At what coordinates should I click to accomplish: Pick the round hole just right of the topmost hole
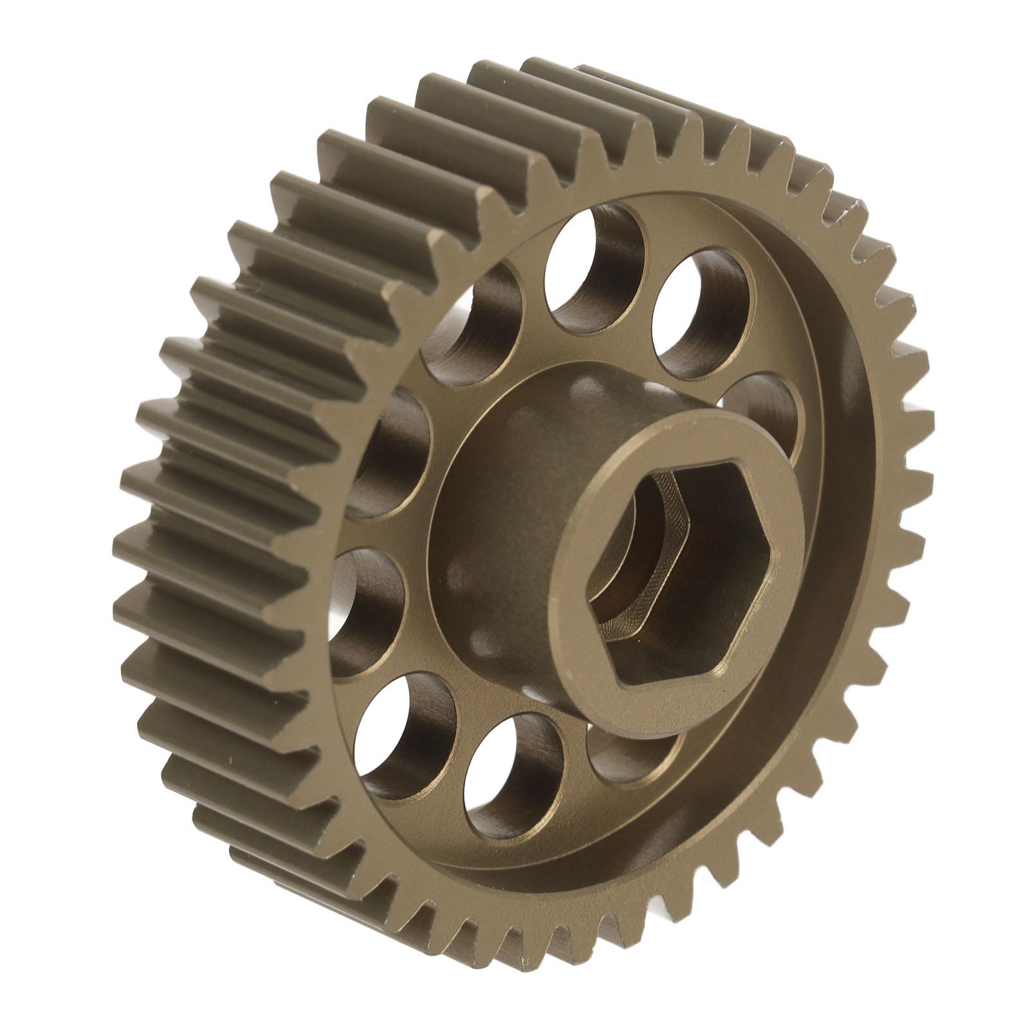click(701, 309)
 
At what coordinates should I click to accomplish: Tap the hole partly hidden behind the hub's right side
click(762, 412)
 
